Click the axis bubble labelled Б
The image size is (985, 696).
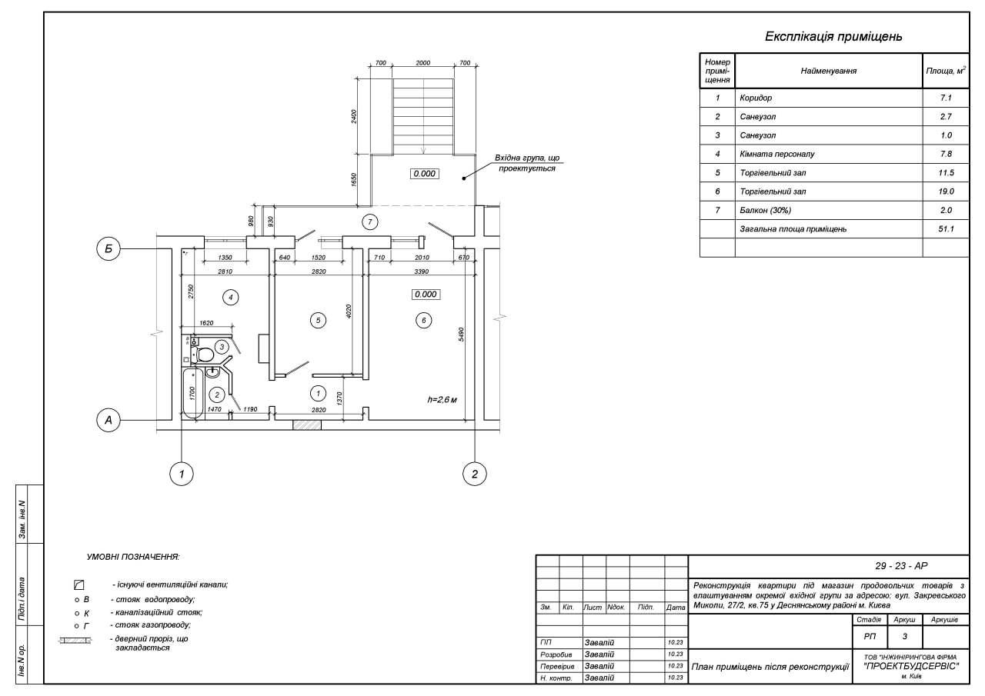click(109, 249)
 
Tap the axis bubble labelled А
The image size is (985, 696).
click(109, 420)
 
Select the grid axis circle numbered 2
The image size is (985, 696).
click(475, 474)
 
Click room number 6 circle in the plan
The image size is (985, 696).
click(422, 320)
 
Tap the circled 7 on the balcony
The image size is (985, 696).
click(369, 222)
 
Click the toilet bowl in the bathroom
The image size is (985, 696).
click(204, 355)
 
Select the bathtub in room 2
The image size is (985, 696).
click(192, 392)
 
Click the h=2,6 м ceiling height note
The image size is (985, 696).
click(442, 399)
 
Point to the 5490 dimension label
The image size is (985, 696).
click(461, 335)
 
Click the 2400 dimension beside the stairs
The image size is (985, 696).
click(354, 116)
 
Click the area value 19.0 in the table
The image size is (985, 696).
click(946, 191)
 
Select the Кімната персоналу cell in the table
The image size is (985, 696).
click(776, 154)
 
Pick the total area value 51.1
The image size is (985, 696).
click(946, 228)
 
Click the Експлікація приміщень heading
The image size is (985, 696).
click(833, 36)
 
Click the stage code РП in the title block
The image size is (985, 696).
click(870, 636)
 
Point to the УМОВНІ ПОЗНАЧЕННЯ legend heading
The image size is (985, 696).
click(133, 556)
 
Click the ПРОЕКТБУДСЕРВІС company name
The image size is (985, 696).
click(911, 667)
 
